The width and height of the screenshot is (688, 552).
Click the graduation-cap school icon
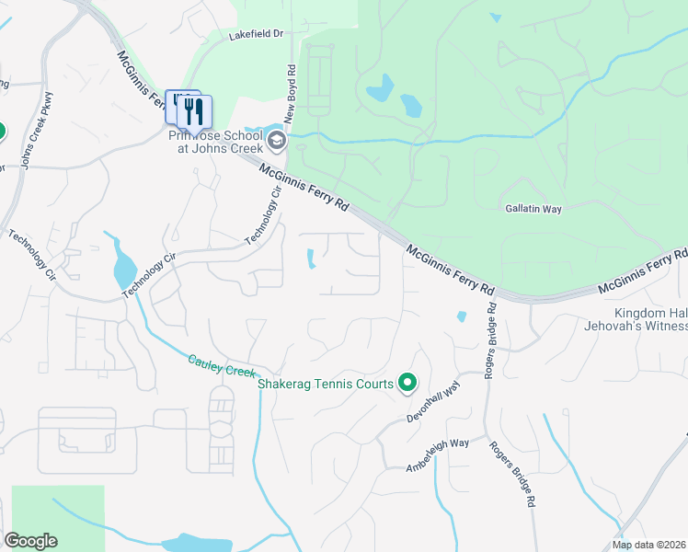(276, 142)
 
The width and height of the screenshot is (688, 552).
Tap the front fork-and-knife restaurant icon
(195, 112)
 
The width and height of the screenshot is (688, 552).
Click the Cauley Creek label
(220, 365)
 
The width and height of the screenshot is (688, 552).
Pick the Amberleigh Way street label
(438, 455)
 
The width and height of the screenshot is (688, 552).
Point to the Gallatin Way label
(533, 209)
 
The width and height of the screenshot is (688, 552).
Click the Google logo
(30, 541)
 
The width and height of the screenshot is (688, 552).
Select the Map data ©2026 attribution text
(649, 545)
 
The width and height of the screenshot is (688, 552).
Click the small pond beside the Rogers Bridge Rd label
(461, 317)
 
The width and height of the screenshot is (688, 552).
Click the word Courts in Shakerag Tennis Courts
(373, 384)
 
